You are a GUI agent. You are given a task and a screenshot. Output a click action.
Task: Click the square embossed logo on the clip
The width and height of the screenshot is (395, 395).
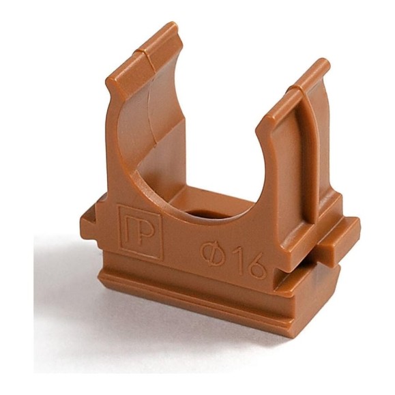[x=141, y=232]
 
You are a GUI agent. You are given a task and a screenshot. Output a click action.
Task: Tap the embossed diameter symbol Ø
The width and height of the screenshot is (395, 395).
[x=212, y=252]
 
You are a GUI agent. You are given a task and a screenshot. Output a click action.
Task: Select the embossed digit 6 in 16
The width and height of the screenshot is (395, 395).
[x=256, y=267]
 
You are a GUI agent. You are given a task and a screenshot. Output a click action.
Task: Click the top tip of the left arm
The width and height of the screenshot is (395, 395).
[x=174, y=25]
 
